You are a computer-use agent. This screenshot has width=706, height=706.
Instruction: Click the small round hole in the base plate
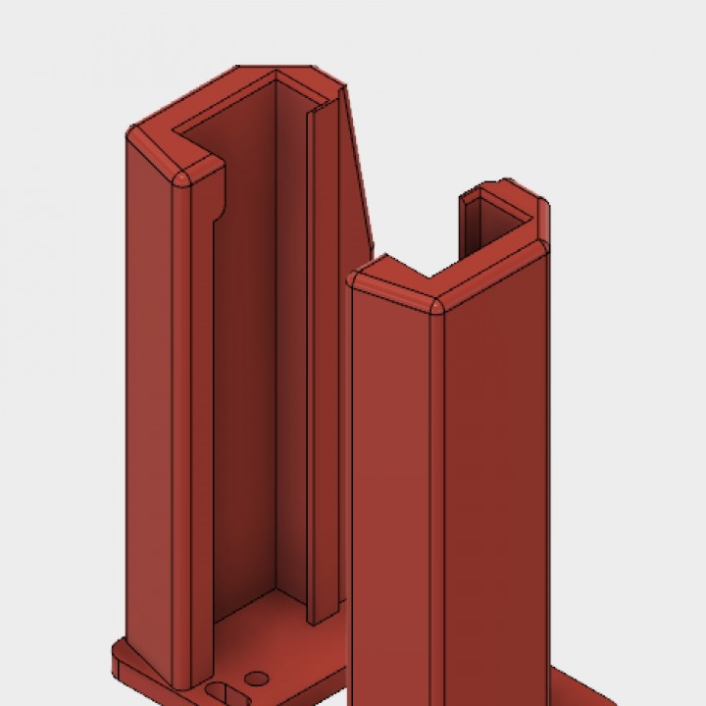click(x=257, y=678)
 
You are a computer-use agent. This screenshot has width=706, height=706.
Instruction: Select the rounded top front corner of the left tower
click(x=181, y=182)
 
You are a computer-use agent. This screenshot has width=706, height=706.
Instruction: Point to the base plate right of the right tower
click(x=588, y=692)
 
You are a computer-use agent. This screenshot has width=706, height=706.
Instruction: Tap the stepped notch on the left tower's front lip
click(x=218, y=201)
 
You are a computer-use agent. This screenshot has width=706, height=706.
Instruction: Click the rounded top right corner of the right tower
click(x=542, y=242)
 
